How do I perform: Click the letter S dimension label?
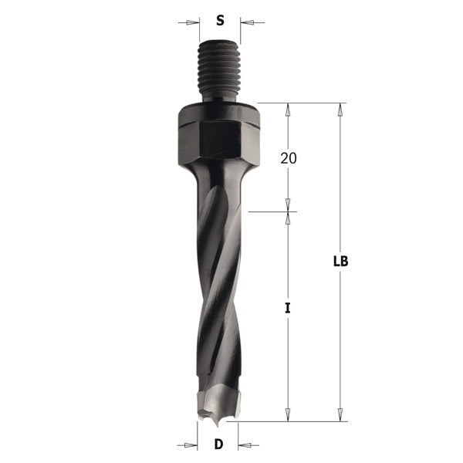click(x=220, y=22)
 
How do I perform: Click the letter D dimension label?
click(x=219, y=444)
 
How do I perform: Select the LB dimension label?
click(x=340, y=261)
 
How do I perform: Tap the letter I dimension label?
click(x=287, y=308)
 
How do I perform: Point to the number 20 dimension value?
click(x=289, y=158)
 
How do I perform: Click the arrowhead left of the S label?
click(x=194, y=22)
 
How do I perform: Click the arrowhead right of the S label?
click(x=245, y=22)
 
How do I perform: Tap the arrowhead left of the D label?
click(x=193, y=444)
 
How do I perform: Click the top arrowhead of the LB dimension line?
click(x=340, y=109)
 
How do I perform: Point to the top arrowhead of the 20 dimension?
click(x=289, y=109)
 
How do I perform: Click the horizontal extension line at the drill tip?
click(x=293, y=421)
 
